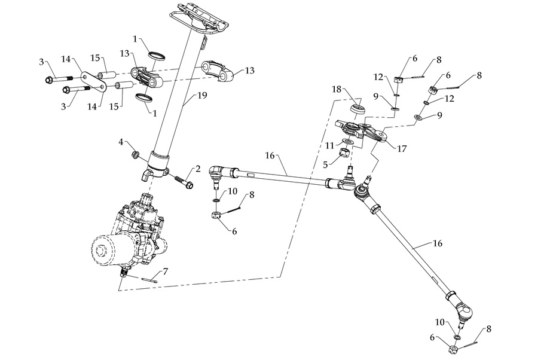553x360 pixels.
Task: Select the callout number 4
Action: (121, 142)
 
